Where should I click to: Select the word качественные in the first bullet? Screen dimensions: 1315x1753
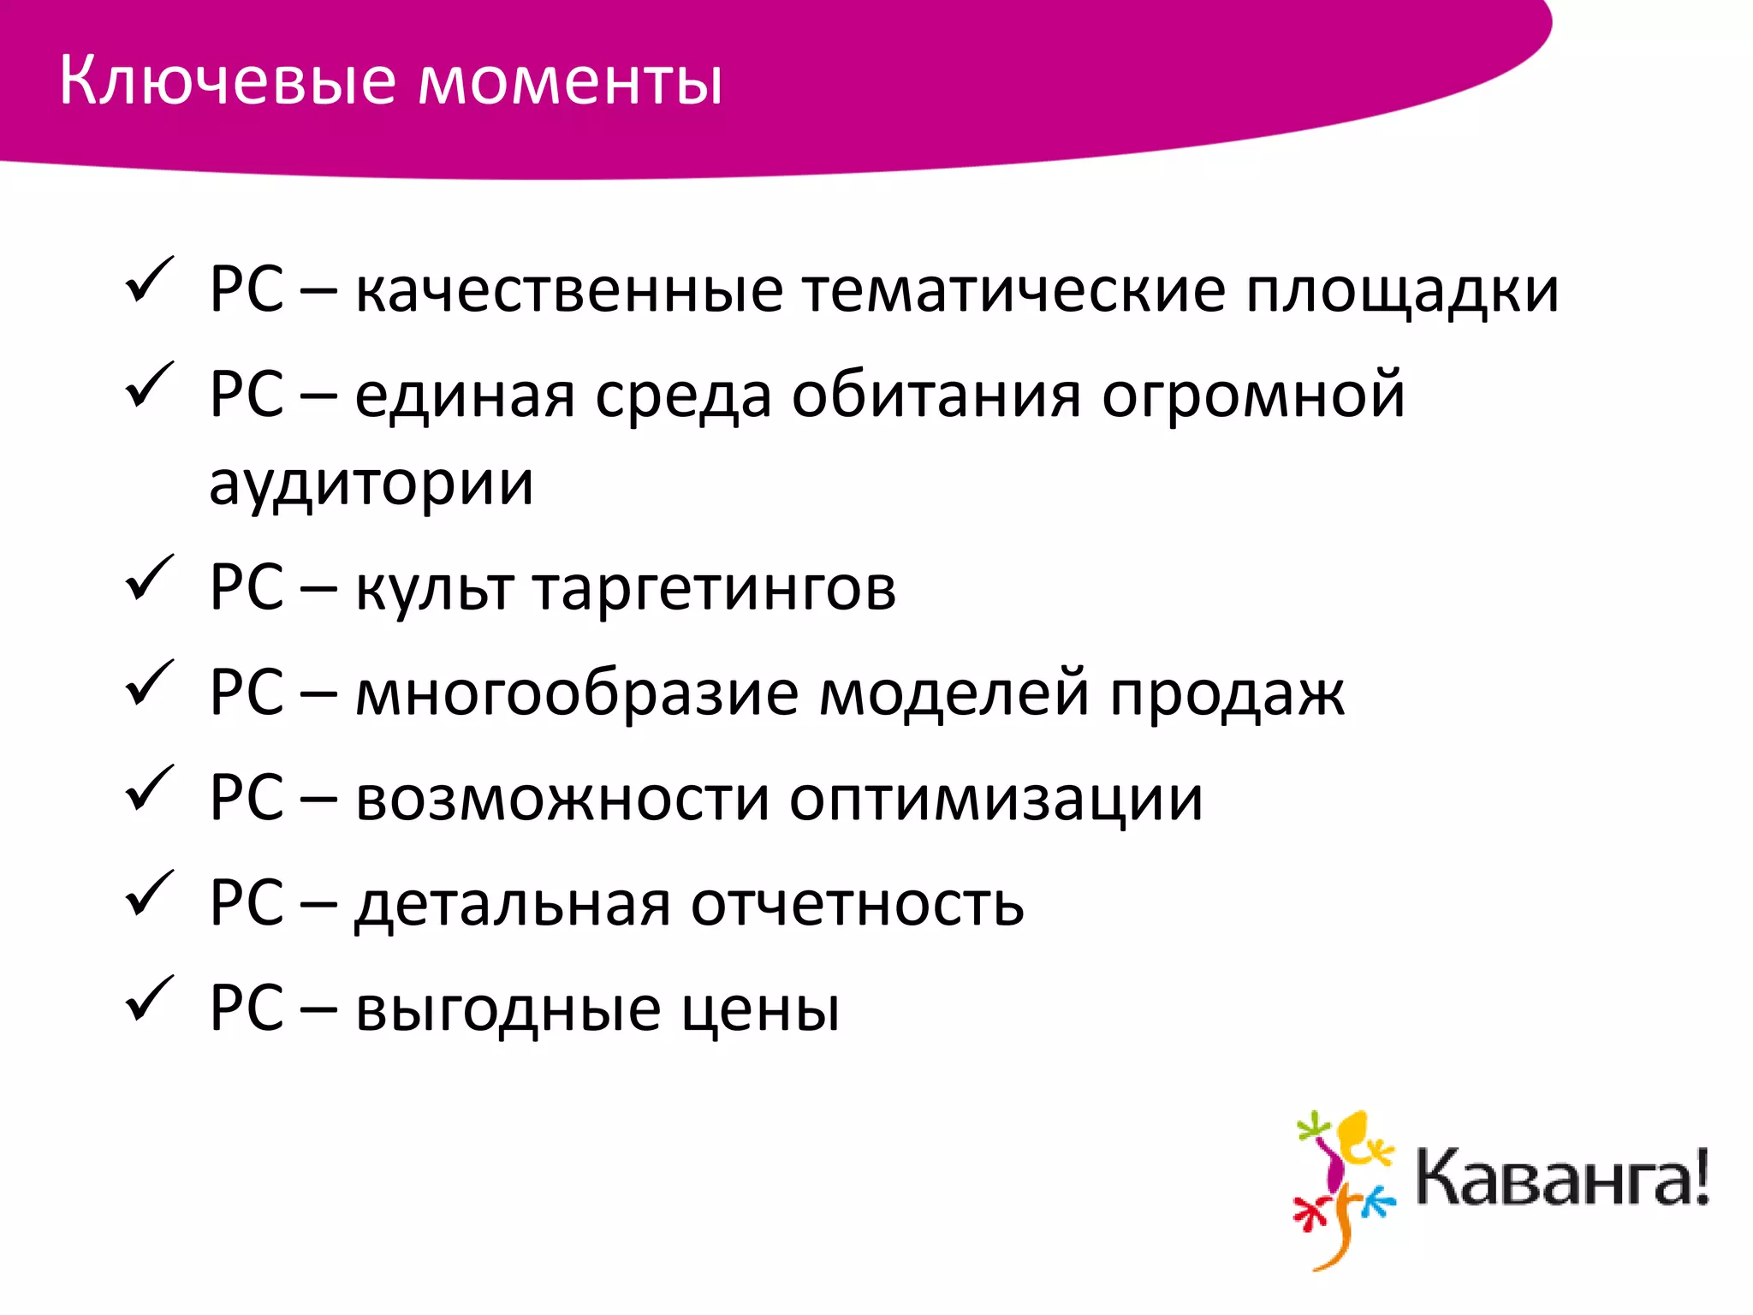[x=569, y=291]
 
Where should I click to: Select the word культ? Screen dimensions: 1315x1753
[x=434, y=590]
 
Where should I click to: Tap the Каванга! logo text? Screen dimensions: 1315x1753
[x=1561, y=1180]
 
